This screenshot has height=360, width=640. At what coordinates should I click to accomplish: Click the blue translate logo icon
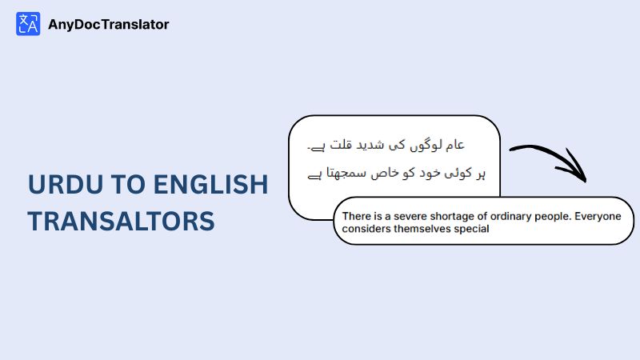(28, 24)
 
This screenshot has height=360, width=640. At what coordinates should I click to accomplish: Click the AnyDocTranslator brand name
(109, 25)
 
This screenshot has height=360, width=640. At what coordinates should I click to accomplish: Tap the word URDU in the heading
(66, 184)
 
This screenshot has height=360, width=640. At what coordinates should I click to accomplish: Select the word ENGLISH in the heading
(211, 184)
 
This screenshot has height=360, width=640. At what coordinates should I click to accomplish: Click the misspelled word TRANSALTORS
(122, 221)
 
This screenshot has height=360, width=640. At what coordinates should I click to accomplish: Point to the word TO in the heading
(128, 184)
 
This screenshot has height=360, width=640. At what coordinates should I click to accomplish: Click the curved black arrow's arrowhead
(574, 167)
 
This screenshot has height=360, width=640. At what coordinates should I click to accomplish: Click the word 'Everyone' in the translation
(598, 217)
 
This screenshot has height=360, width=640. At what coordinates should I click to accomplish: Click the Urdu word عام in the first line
(455, 145)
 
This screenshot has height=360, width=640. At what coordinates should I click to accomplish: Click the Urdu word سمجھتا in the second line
(341, 173)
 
